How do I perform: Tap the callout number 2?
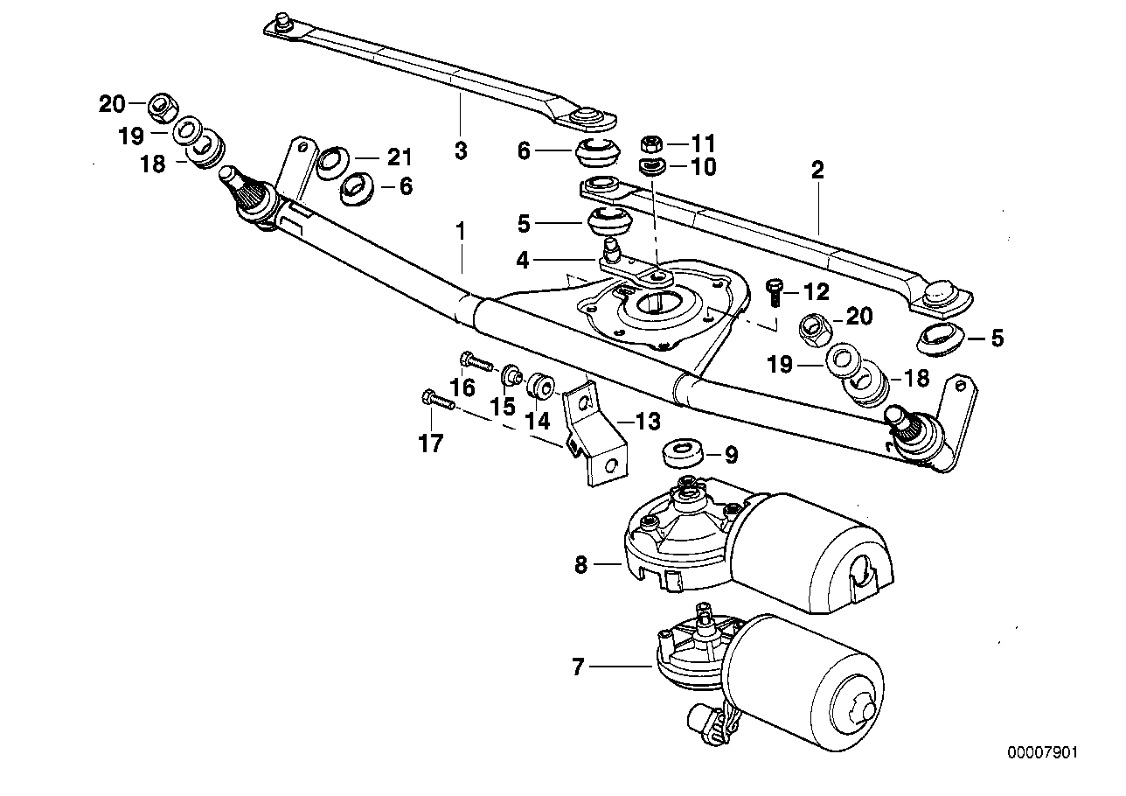817,170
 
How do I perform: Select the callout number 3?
461,150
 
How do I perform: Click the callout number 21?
399,157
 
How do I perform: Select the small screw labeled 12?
775,290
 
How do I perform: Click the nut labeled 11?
650,143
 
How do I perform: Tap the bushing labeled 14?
539,384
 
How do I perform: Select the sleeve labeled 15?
511,376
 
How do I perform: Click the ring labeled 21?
333,163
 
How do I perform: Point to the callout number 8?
581,565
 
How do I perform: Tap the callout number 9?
731,454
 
